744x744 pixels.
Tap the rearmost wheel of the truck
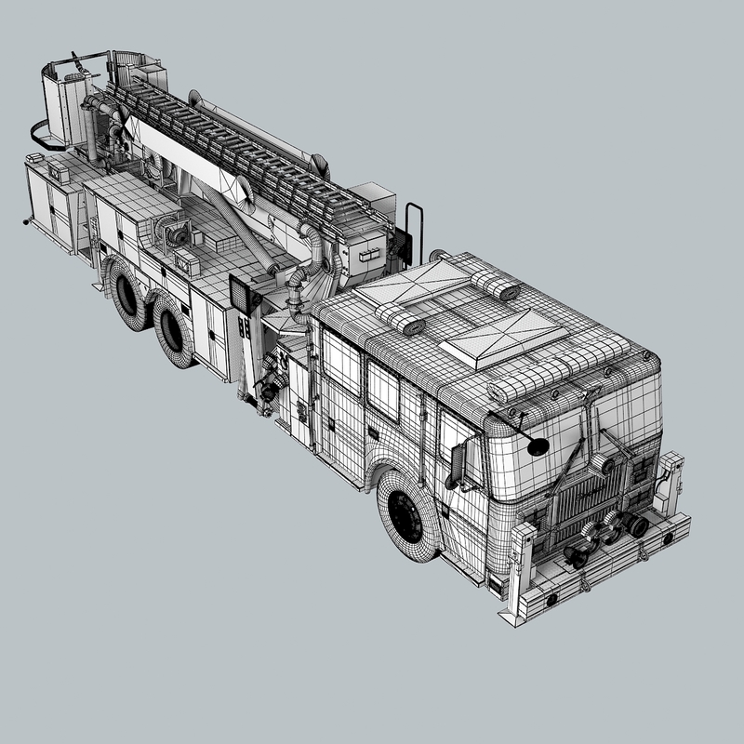(128, 292)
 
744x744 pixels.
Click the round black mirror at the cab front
(538, 445)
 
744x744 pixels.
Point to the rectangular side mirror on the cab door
(458, 464)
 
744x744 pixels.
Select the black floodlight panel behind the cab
(244, 295)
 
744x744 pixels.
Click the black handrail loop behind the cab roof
(414, 228)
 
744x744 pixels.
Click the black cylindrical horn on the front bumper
(637, 526)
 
